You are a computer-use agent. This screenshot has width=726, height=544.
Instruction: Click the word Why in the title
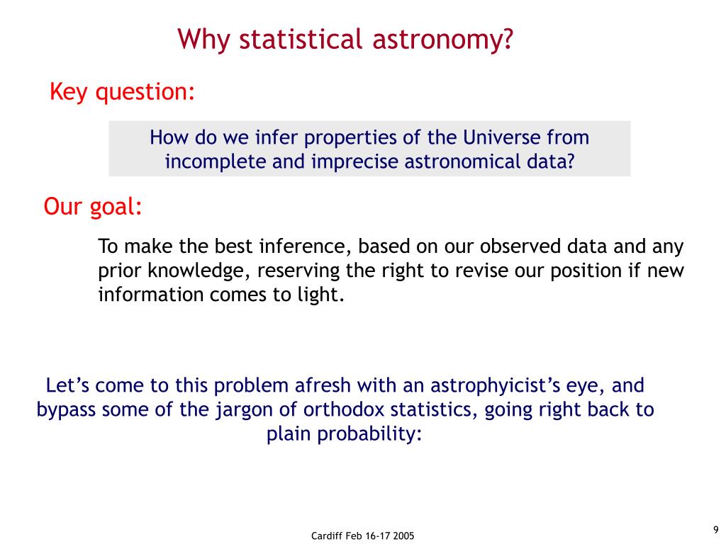coord(203,40)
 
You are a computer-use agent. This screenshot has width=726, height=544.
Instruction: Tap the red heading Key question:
coord(122,91)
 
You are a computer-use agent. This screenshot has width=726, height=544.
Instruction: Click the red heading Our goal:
coord(93,206)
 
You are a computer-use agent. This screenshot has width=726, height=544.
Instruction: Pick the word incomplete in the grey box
coord(216,162)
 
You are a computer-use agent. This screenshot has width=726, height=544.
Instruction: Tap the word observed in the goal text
coord(520,246)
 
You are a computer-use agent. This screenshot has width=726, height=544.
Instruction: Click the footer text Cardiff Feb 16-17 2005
coord(362,535)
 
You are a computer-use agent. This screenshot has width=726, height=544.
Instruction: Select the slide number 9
coord(716,530)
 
